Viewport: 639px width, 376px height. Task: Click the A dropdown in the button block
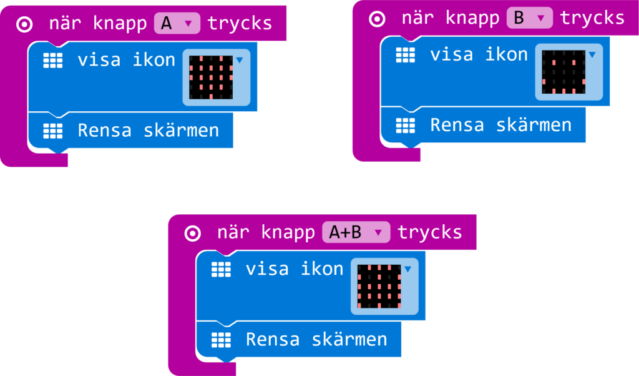click(x=177, y=24)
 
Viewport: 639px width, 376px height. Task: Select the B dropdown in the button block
click(x=530, y=18)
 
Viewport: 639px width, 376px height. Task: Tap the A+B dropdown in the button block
click(x=356, y=232)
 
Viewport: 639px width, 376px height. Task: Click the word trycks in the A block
click(x=240, y=24)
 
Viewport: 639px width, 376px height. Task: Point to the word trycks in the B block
click(x=592, y=18)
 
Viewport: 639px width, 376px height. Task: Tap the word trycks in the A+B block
click(x=430, y=232)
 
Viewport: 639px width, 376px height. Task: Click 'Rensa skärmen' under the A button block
click(x=148, y=131)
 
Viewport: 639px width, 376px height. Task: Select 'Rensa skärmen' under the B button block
click(x=500, y=125)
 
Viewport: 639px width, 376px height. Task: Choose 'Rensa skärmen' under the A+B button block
click(x=316, y=339)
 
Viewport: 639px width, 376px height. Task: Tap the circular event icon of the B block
click(x=378, y=19)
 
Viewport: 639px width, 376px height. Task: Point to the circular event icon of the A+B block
click(x=193, y=233)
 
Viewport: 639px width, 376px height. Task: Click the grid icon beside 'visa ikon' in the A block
click(x=53, y=60)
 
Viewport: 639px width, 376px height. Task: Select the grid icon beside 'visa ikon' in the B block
click(x=406, y=54)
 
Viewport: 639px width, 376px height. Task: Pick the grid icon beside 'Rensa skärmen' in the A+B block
click(x=221, y=339)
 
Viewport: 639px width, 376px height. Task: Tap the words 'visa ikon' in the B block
click(x=479, y=54)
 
